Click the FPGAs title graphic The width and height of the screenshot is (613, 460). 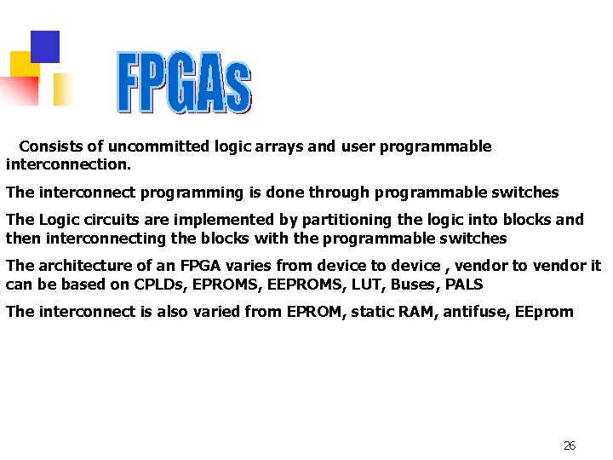184,83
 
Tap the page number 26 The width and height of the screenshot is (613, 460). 570,446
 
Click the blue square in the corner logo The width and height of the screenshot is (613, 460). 45,46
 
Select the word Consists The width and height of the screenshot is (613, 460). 49,147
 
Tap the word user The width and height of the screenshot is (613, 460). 358,147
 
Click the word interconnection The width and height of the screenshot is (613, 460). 66,162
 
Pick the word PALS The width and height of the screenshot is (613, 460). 465,285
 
